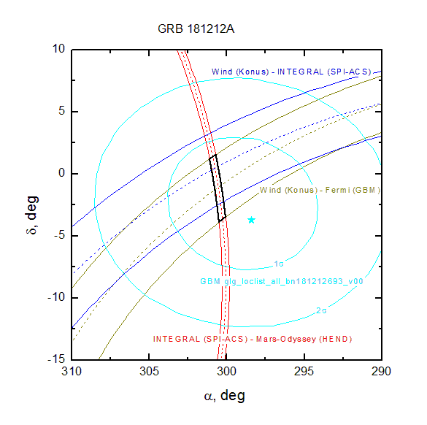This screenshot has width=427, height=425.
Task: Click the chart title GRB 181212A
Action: (x=196, y=29)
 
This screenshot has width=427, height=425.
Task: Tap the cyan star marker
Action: (x=251, y=220)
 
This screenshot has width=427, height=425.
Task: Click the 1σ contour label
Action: (x=279, y=264)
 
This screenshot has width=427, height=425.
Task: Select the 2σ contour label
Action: (x=321, y=310)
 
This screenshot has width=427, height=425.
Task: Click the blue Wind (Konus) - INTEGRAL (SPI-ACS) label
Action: (x=291, y=72)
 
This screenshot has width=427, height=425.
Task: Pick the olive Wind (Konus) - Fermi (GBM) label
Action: (x=320, y=190)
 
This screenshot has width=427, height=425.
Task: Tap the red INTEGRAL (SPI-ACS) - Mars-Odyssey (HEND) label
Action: (x=253, y=339)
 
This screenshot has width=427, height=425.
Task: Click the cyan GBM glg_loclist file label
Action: (x=282, y=281)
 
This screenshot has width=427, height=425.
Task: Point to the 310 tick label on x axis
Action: (x=72, y=371)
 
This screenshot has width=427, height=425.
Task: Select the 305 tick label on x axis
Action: (x=149, y=371)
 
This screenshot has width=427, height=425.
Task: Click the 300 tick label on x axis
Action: (x=226, y=371)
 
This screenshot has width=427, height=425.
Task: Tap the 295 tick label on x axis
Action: (x=304, y=371)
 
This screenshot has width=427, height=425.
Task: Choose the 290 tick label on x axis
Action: (x=381, y=371)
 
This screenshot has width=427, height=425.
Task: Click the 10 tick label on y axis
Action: (x=58, y=49)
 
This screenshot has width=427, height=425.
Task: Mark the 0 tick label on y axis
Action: (x=61, y=173)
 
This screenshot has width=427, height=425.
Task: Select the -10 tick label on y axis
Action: (x=56, y=297)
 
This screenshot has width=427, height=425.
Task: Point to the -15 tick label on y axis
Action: (x=56, y=359)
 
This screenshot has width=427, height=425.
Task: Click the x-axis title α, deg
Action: (x=224, y=396)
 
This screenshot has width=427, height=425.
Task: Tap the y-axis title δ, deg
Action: (x=32, y=215)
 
